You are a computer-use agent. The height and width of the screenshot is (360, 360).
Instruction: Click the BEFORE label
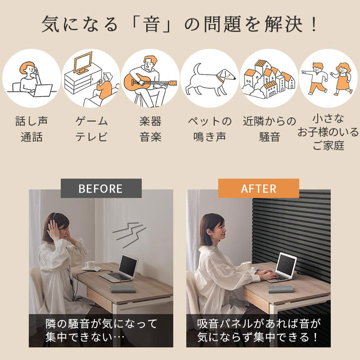pos(101,188)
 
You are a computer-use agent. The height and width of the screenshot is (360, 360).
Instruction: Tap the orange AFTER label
pos(258,188)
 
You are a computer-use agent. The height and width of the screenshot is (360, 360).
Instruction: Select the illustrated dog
pos(210,79)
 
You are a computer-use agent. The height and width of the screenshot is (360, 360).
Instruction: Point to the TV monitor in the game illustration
pos(83,63)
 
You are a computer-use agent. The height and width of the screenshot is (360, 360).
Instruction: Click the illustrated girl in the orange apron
pos(342,79)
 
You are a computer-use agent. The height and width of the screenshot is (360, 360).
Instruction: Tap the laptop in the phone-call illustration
pos(42,90)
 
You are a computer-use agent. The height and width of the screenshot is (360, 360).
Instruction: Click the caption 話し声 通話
pos(31,129)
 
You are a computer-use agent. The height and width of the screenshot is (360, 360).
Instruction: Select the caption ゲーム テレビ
pos(91,129)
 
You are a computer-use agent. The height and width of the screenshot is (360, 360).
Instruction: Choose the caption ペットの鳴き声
pos(210,129)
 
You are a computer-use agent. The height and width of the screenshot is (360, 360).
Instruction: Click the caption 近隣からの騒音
pos(269,129)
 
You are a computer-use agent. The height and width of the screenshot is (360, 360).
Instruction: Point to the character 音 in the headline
pos(152,24)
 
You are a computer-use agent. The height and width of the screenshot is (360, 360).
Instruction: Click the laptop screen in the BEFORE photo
pos(128,265)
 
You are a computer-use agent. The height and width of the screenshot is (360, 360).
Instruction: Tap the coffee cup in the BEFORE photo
pos(90,265)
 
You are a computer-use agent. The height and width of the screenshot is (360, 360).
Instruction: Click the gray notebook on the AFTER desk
pos(281,289)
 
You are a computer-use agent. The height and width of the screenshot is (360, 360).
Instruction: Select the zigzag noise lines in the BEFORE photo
pos(129,234)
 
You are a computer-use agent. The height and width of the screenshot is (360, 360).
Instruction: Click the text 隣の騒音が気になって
pos(101,324)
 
